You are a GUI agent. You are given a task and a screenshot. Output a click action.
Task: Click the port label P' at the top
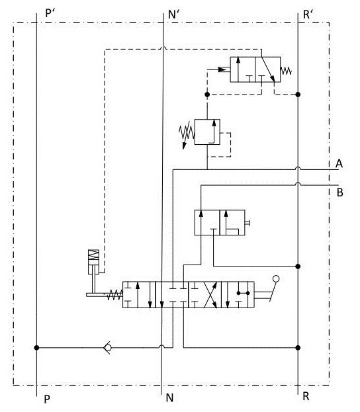point(50,13)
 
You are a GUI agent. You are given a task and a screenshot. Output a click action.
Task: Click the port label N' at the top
point(173,14)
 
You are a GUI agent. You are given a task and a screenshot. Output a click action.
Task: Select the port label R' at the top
point(308,14)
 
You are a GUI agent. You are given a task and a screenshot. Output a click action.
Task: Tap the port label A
point(339,163)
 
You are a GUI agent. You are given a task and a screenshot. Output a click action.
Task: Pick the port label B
point(339,192)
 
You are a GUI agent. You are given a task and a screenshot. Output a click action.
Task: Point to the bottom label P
point(47,399)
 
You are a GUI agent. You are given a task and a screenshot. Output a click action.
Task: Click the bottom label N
point(169,398)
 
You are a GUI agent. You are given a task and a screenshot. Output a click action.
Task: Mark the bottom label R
point(306,396)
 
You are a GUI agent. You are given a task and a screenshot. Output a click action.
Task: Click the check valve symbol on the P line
point(108,348)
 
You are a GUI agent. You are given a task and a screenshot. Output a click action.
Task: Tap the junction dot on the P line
point(36,348)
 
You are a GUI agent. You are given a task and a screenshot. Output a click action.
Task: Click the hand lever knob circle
point(276,279)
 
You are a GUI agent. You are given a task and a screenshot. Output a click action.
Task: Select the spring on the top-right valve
point(286,71)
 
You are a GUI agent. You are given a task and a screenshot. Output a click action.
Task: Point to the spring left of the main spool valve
point(114,295)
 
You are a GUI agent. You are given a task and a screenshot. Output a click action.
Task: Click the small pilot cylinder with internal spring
point(93,262)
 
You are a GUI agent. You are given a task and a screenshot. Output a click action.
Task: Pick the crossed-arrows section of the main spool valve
point(205,294)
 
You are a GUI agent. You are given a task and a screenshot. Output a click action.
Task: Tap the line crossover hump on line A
point(298,168)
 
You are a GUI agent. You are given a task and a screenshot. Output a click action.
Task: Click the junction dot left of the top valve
point(207,95)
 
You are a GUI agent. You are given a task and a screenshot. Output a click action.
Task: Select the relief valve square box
point(207,132)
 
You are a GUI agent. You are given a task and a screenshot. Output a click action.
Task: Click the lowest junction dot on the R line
point(298,348)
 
